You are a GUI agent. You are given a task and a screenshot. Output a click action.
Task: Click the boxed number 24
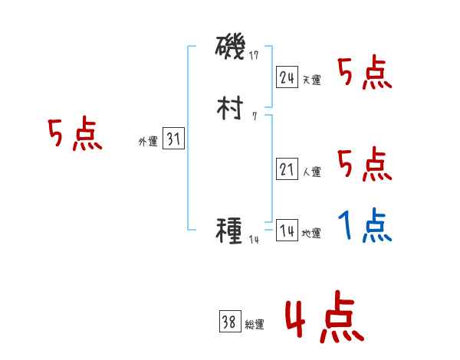(x=287, y=77)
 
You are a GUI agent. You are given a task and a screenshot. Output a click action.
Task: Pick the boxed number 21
(x=287, y=170)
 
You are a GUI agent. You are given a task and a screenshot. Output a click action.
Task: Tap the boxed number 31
(x=173, y=139)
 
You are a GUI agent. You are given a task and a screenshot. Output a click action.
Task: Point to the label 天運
(x=311, y=80)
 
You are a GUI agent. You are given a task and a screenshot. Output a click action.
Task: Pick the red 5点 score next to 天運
(x=364, y=74)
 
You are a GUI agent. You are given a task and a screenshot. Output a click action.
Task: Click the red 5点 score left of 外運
(x=74, y=136)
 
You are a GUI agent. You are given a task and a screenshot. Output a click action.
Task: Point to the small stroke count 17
(x=255, y=55)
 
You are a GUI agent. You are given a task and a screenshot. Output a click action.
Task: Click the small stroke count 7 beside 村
(x=254, y=117)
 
